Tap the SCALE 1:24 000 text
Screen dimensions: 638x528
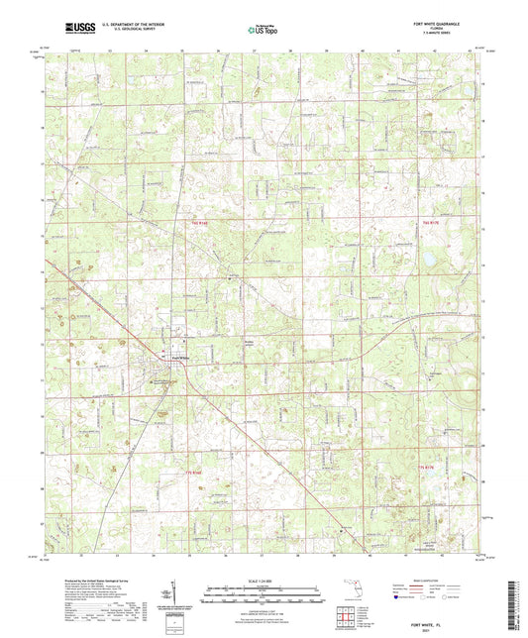pyautogui.click(x=264, y=581)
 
